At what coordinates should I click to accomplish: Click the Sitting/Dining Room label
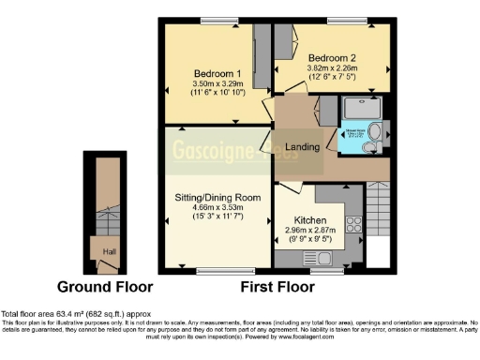coord(217,198)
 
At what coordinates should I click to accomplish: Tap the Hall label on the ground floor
coord(109,251)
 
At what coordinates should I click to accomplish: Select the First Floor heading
coord(277,286)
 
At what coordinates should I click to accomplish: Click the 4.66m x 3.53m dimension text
coord(217,208)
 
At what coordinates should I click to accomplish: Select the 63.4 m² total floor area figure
coord(68,313)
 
